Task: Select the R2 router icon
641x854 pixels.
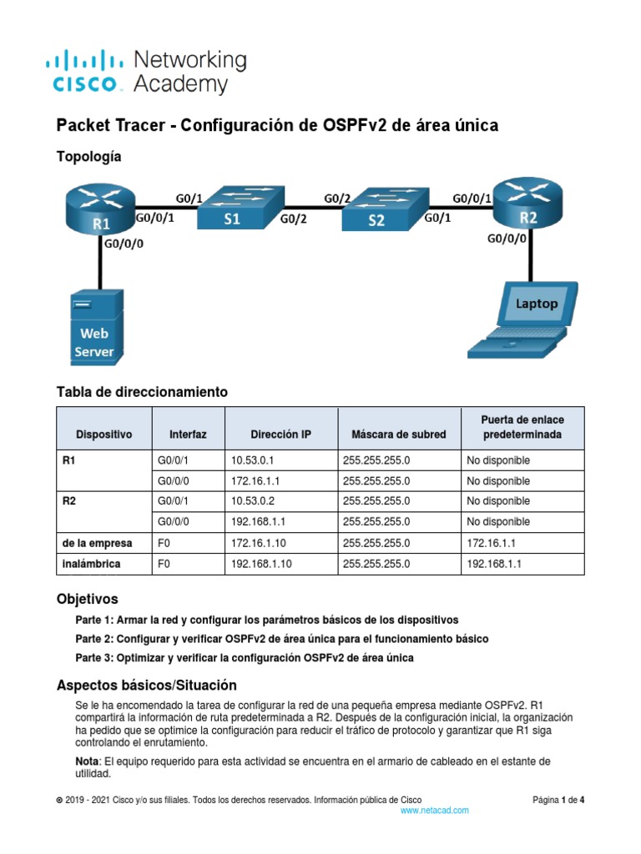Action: coord(528,204)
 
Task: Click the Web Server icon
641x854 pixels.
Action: coord(97,325)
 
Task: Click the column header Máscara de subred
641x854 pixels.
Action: coord(398,435)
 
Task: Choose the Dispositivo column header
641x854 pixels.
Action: coord(103,435)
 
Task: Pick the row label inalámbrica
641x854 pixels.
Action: coord(91,564)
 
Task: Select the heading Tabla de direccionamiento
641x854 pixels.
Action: coord(141,391)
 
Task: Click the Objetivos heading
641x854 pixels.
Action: coord(87,599)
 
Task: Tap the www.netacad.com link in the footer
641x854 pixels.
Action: coord(435,810)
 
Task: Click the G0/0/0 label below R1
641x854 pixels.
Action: coord(123,244)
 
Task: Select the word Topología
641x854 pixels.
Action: coord(88,156)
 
